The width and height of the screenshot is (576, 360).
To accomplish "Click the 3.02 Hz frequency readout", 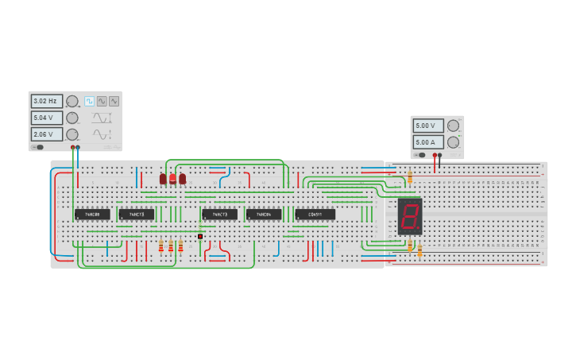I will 46,101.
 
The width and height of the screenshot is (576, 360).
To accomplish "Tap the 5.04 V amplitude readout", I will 46,118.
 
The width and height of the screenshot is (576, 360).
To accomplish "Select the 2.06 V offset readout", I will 46,134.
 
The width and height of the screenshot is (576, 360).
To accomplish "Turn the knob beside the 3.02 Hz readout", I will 72,101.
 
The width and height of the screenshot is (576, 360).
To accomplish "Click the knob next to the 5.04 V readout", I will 72,118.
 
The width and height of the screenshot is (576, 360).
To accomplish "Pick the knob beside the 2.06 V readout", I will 72,134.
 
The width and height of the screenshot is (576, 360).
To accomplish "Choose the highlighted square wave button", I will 89,101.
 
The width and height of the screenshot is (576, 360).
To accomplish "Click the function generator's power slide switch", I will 38,147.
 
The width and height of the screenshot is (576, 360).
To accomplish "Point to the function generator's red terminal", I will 72,147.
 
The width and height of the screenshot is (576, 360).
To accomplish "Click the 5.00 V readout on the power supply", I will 427,126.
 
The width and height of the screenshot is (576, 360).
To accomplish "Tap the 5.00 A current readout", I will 427,142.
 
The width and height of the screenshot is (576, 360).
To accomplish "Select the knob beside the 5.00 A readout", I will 453,142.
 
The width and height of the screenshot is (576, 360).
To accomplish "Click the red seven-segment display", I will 410,216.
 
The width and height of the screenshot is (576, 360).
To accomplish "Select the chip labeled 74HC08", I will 92,215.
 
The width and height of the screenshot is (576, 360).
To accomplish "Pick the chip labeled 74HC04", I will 263,215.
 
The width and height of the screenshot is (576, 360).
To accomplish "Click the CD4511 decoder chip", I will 315,215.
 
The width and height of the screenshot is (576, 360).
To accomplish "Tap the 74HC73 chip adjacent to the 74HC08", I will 137,215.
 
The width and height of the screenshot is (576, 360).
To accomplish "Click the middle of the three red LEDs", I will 172,179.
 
